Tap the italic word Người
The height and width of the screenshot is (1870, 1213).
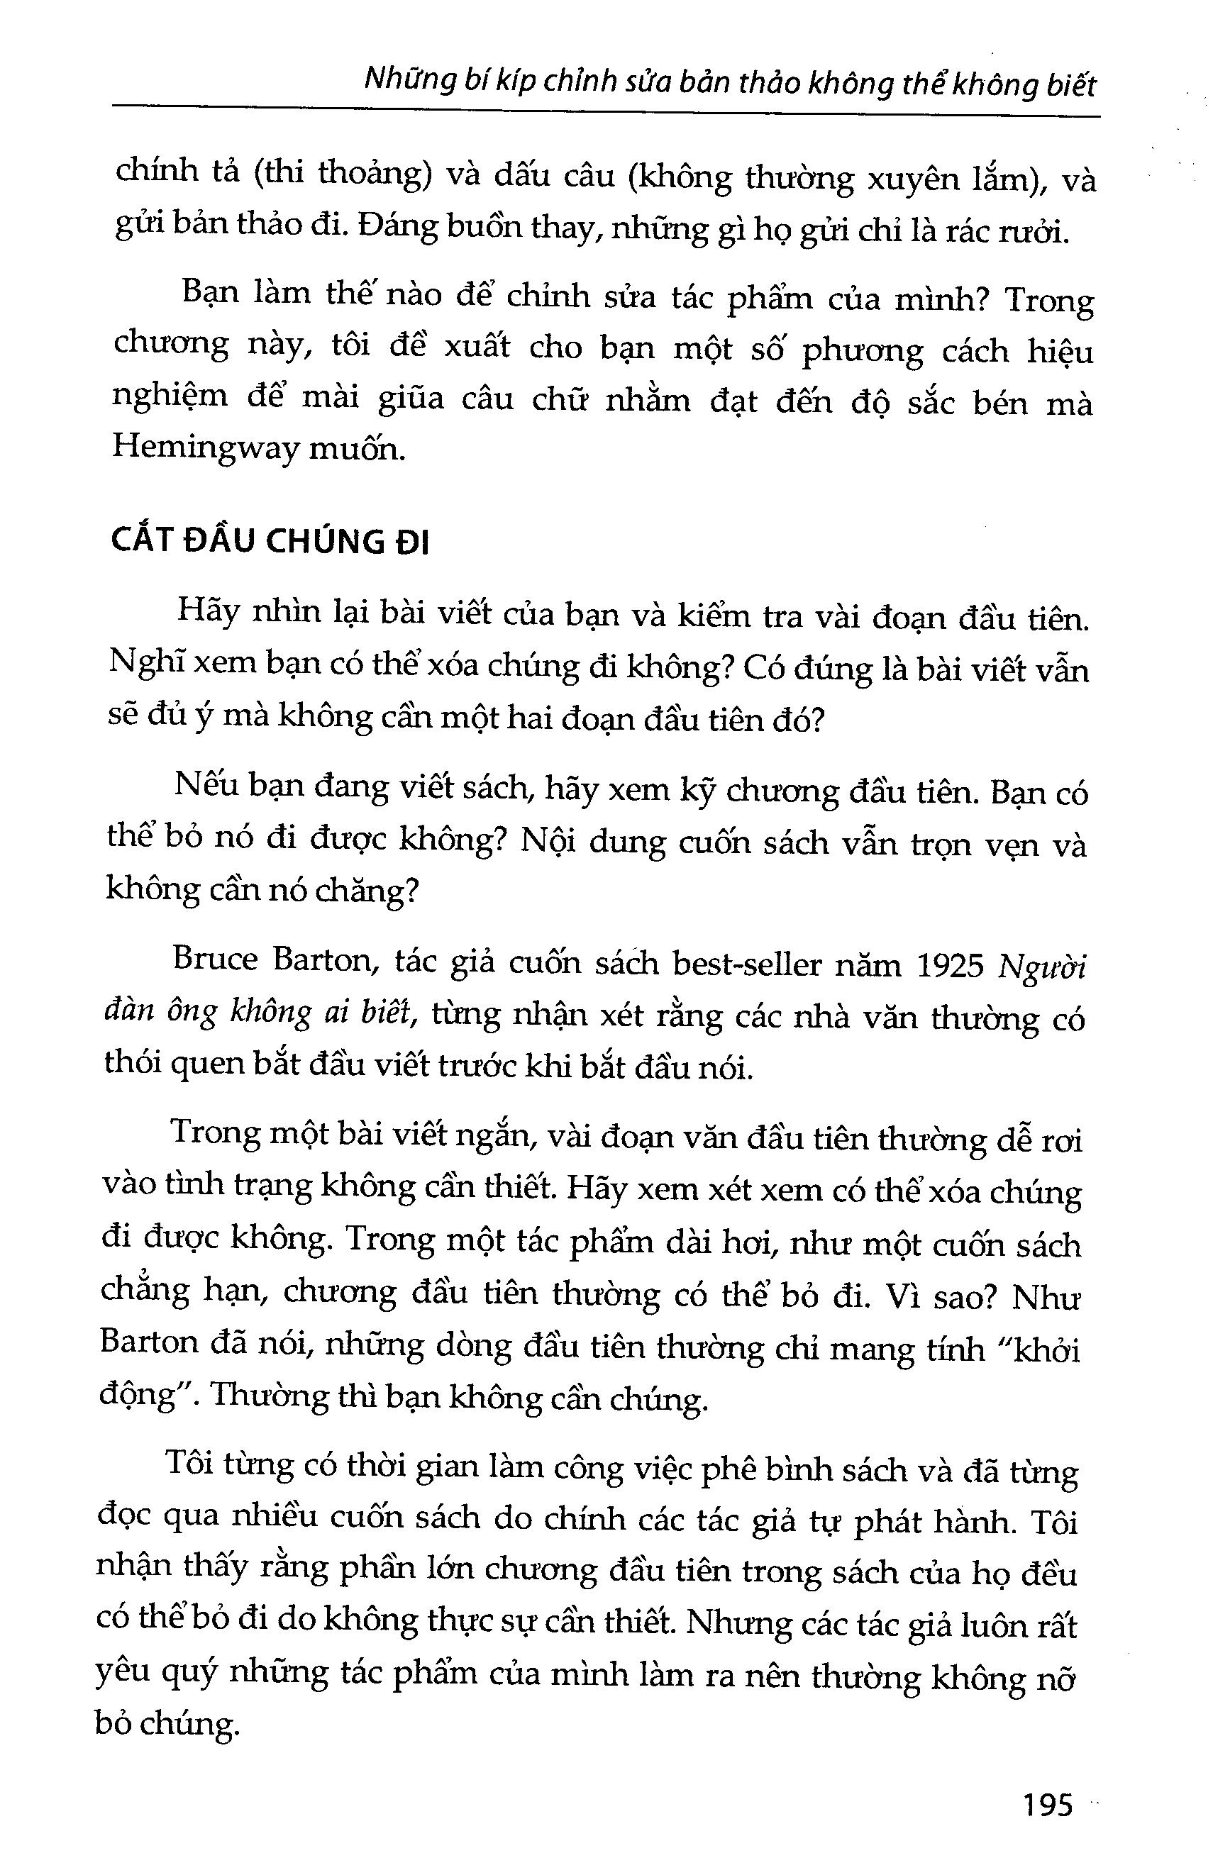point(1040,968)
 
